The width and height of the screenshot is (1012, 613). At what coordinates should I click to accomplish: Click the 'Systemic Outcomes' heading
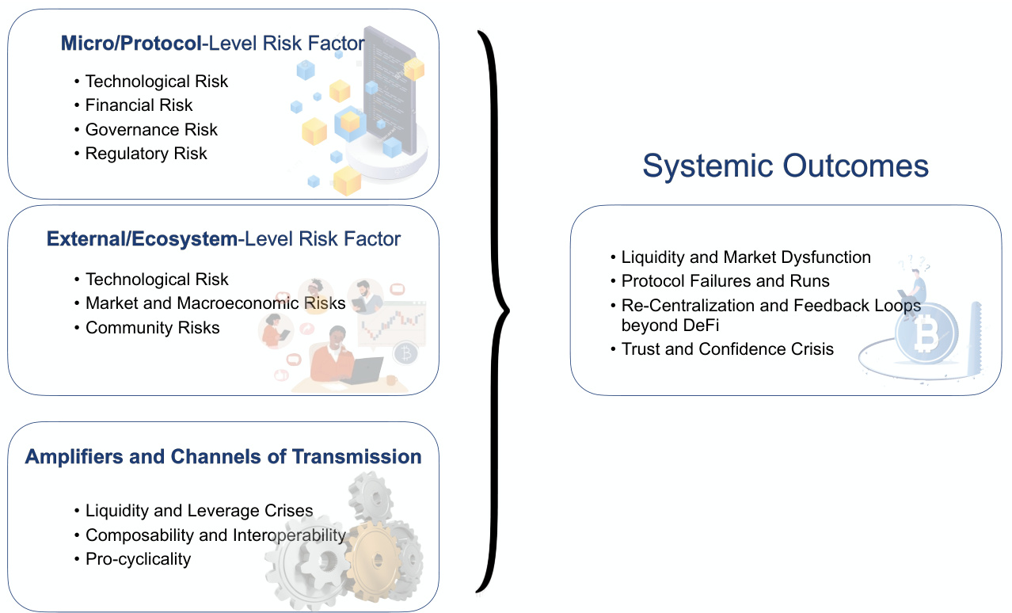[x=786, y=166]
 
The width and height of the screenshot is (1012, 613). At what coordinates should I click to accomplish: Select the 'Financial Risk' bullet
[x=139, y=105]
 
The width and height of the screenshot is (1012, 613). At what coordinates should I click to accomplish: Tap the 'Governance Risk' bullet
[x=151, y=130]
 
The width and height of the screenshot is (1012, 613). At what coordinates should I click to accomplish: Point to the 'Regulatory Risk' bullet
[x=146, y=154]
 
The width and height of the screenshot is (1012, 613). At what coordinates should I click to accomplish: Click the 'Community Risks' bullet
[x=152, y=328]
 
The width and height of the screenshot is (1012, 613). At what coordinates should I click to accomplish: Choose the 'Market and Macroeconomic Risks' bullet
[x=215, y=303]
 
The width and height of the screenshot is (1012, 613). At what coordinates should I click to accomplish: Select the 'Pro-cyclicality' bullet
[x=138, y=559]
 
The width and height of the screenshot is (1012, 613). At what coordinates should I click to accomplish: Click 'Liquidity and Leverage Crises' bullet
[x=199, y=511]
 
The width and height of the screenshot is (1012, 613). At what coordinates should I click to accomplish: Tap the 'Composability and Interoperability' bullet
[x=215, y=535]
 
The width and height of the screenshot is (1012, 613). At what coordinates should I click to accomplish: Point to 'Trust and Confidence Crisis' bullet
[x=728, y=349]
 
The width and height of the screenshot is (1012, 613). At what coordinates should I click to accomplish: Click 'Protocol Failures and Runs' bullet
[x=725, y=281]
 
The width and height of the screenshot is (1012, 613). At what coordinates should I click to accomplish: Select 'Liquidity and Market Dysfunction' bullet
[x=746, y=257]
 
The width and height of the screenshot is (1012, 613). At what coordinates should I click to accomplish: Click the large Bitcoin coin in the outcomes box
[x=926, y=335]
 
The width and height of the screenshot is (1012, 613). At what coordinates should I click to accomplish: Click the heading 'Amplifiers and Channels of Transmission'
[x=223, y=457]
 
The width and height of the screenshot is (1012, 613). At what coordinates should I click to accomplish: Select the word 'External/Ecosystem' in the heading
[x=142, y=239]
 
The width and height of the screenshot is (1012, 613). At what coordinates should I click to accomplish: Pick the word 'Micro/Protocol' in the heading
[x=131, y=44]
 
